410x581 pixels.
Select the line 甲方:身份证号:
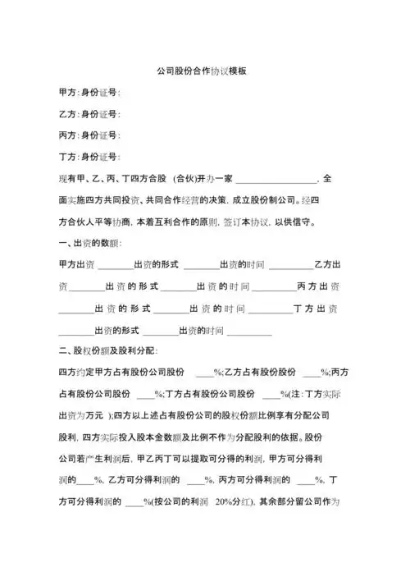pyautogui.click(x=89, y=92)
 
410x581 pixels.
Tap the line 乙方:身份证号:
pyautogui.click(x=89, y=113)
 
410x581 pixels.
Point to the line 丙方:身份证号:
pyautogui.click(x=89, y=135)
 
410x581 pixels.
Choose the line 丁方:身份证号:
pyautogui.click(x=89, y=156)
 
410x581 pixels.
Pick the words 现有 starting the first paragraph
pyautogui.click(x=68, y=178)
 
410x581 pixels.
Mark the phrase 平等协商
pyautogui.click(x=112, y=222)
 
